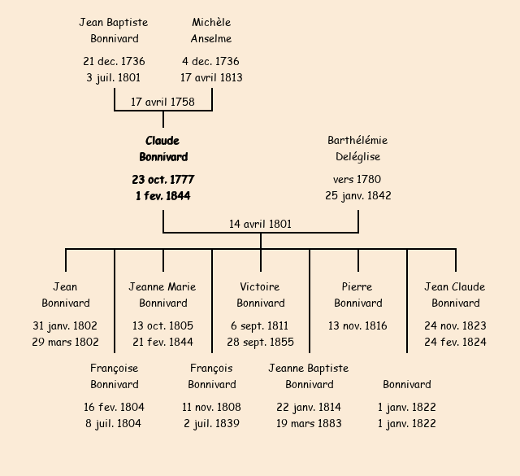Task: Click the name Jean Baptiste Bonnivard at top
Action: click(x=114, y=30)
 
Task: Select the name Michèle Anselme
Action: click(x=211, y=30)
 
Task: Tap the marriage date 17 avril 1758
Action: click(x=163, y=102)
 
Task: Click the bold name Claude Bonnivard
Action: click(x=163, y=149)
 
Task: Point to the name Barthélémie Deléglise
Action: click(x=357, y=149)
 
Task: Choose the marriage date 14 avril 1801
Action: click(x=260, y=224)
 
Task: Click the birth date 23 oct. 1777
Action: click(x=163, y=179)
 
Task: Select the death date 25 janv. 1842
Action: click(x=357, y=195)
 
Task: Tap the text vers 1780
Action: click(x=357, y=179)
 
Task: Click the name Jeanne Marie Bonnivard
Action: click(x=162, y=295)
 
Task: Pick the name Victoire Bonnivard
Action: click(x=260, y=295)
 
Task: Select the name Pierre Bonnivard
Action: click(x=357, y=295)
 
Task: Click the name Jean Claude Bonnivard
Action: click(x=455, y=295)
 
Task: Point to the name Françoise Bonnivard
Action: click(x=115, y=376)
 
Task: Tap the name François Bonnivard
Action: click(x=211, y=376)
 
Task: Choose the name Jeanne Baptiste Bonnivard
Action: click(x=309, y=376)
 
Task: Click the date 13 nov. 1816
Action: click(x=357, y=325)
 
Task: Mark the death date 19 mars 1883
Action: click(x=309, y=423)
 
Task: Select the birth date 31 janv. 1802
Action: click(x=65, y=325)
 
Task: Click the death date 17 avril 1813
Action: click(x=211, y=77)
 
